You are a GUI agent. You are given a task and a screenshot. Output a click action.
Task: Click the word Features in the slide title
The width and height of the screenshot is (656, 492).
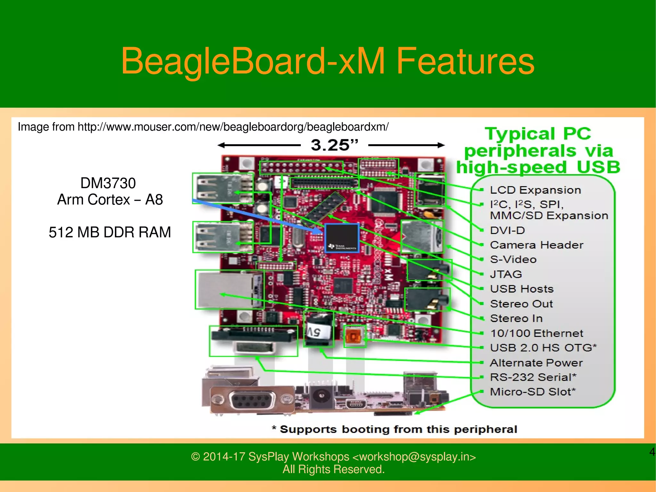[465, 61]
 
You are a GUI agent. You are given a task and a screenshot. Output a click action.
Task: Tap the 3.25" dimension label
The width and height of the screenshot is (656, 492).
[334, 145]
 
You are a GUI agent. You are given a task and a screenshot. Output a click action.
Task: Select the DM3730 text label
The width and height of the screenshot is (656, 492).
[108, 183]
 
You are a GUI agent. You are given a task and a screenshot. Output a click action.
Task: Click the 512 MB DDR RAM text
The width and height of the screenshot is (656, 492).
[110, 232]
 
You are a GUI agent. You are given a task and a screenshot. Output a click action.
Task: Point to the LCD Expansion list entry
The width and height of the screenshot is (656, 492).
[535, 190]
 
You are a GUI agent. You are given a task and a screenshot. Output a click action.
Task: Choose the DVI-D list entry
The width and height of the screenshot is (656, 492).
[507, 230]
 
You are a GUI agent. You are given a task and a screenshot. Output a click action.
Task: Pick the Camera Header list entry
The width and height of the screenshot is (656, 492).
[537, 245]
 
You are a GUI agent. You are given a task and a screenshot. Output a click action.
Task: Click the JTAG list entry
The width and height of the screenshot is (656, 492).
[506, 274]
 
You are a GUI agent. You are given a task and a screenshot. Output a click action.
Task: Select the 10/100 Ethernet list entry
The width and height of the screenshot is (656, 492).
[537, 333]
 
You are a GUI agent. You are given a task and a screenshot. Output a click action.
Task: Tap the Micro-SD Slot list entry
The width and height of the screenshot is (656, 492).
[533, 392]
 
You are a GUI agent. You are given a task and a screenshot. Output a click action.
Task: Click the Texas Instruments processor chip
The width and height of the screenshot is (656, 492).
[341, 238]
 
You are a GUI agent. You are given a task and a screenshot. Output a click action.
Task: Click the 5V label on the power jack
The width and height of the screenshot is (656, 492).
[316, 332]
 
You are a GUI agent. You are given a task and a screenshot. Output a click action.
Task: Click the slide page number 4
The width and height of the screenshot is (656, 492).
[652, 452]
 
